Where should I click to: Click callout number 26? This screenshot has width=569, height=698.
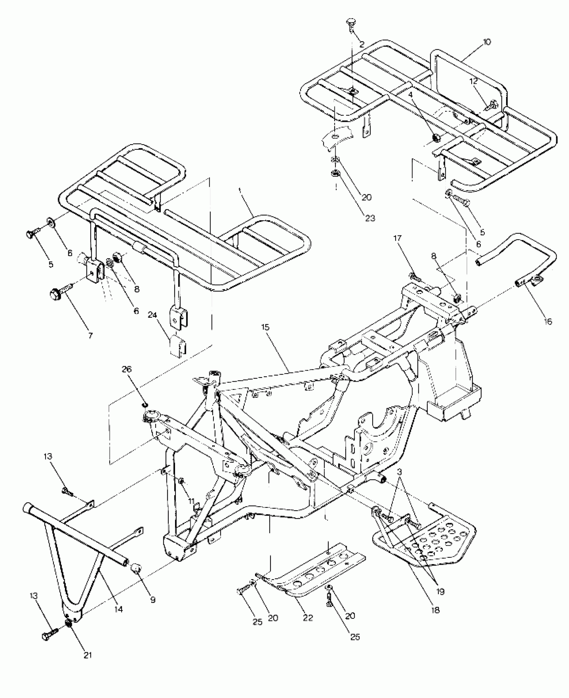tap(128, 370)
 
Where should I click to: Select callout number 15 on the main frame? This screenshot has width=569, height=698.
tap(265, 327)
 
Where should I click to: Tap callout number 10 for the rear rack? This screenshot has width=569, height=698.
tap(487, 42)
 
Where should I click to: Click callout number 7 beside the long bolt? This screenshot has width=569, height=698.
tap(90, 335)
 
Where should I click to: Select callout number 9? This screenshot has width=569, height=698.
tap(153, 600)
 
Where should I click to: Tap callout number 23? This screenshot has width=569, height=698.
tap(370, 218)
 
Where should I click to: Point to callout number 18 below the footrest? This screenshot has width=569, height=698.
tap(436, 610)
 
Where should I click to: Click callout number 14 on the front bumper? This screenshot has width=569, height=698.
tap(118, 609)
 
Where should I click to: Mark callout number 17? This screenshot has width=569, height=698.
tap(397, 238)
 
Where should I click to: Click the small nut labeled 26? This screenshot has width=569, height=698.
tap(145, 405)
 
